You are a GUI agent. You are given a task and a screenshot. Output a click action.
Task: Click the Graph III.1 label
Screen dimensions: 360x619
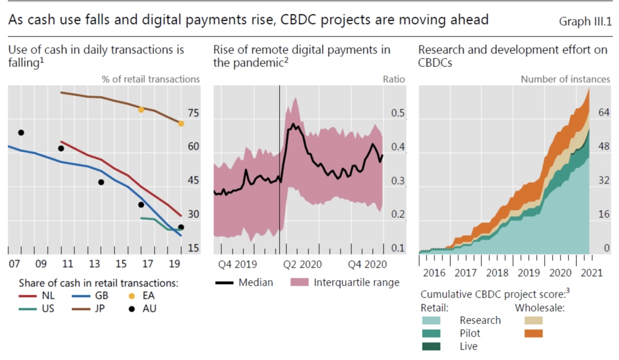click(585, 21)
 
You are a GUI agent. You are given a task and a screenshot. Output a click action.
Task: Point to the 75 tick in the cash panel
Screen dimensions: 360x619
click(193, 114)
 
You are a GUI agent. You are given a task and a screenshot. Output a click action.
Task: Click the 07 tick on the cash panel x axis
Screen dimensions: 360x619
click(14, 264)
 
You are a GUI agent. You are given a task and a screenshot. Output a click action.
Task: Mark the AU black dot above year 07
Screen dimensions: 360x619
click(21, 132)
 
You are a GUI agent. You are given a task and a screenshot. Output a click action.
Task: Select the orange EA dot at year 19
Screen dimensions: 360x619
click(181, 123)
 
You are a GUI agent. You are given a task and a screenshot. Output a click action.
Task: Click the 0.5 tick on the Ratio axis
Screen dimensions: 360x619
click(398, 114)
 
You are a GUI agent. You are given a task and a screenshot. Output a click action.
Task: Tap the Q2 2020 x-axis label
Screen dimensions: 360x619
click(303, 264)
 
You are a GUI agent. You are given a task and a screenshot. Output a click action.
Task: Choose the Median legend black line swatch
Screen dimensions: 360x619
click(224, 282)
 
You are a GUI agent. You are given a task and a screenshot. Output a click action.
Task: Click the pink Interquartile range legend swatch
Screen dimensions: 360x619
click(300, 282)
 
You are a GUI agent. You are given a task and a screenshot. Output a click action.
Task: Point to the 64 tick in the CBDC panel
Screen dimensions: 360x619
click(603, 114)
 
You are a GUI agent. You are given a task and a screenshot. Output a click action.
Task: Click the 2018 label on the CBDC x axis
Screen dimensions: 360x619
click(497, 272)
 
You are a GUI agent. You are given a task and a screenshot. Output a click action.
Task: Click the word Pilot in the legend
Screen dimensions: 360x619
click(470, 333)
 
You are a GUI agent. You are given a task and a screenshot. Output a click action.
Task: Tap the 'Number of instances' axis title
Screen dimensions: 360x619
click(565, 79)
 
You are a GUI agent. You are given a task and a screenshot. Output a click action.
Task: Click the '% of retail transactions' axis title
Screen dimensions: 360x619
click(151, 79)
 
